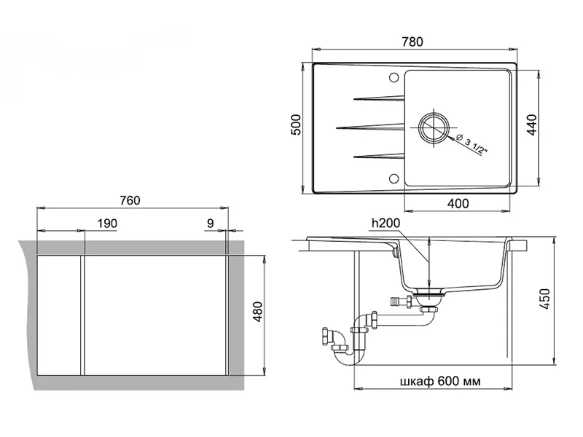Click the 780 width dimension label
[412, 42]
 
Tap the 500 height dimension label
[296, 125]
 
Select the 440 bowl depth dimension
[532, 125]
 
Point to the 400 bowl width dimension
[458, 203]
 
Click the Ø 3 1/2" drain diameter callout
[471, 143]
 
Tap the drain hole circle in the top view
[434, 127]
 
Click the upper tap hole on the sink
[394, 78]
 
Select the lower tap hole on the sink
[394, 178]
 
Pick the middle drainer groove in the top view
[370, 127]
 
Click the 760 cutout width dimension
[130, 201]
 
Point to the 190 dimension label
[107, 224]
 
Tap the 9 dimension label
[211, 224]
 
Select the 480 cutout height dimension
[257, 312]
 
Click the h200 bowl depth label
[386, 223]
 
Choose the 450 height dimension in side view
[545, 299]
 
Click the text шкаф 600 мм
[440, 381]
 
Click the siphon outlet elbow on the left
[332, 339]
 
